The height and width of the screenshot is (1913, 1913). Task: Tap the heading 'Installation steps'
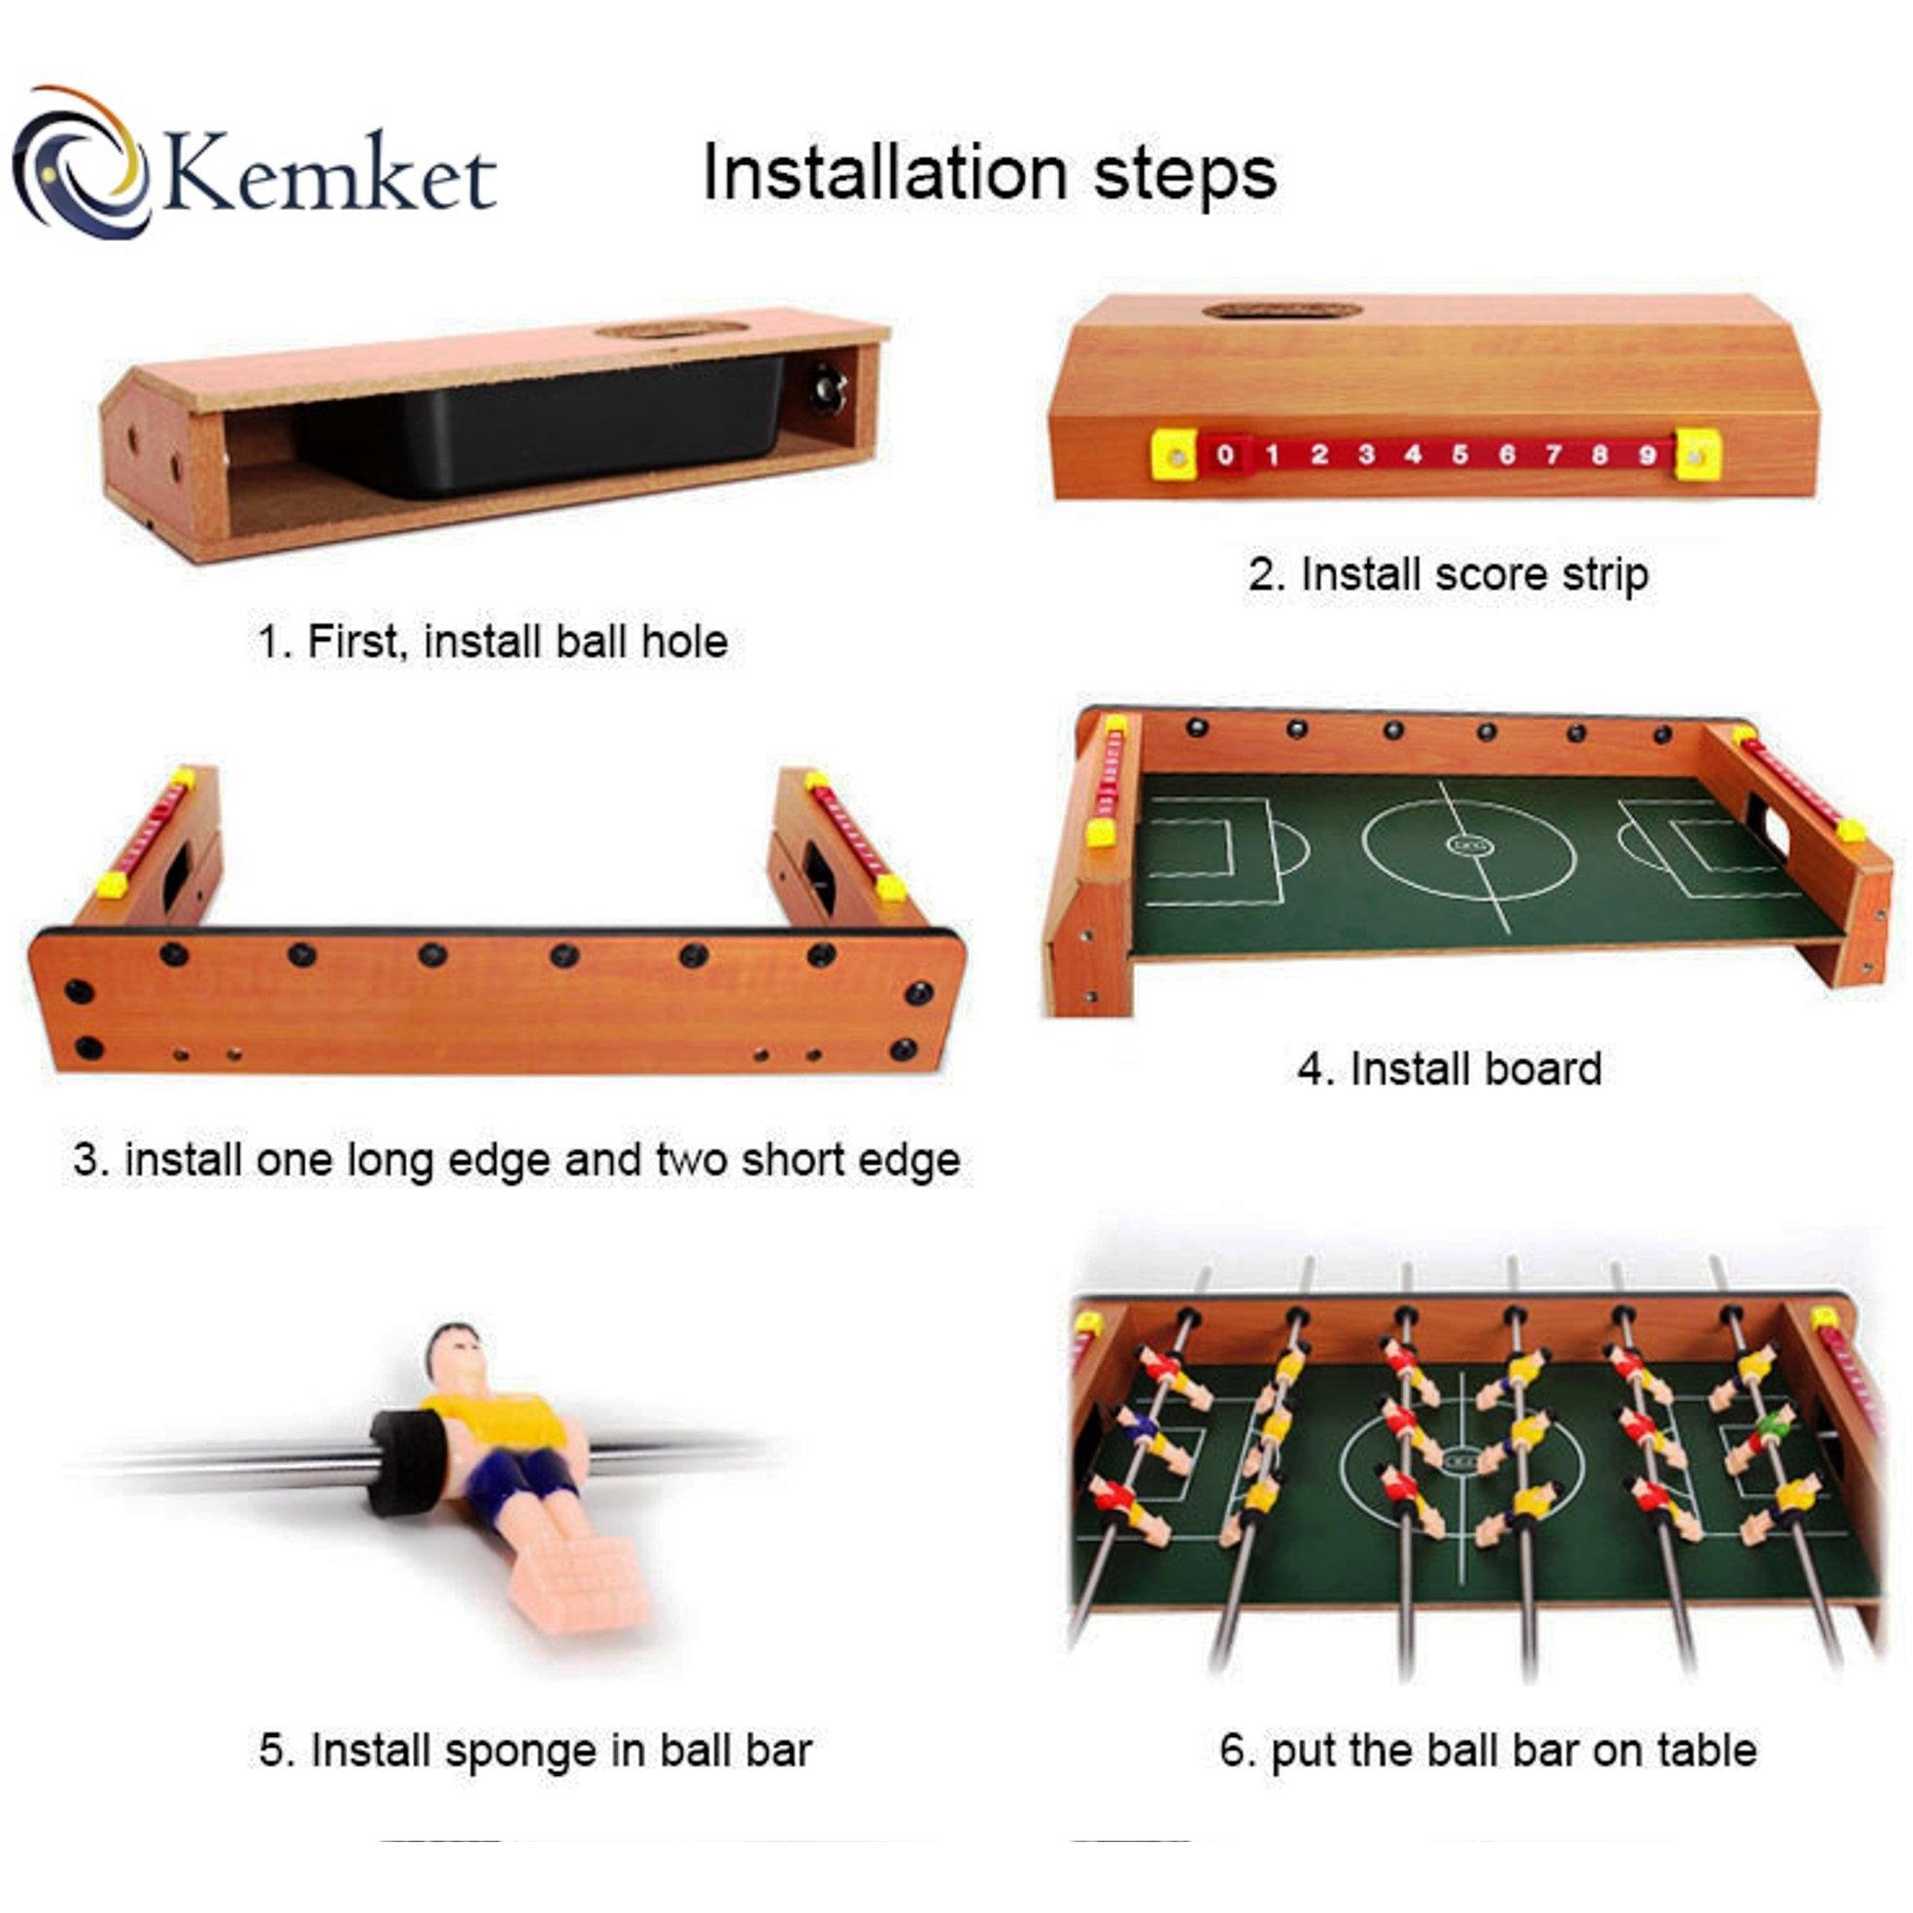[x=989, y=172]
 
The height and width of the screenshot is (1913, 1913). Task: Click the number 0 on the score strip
[x=1225, y=456]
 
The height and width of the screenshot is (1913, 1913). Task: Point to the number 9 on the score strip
[x=1648, y=456]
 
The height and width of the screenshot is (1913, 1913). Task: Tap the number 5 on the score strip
[x=1459, y=456]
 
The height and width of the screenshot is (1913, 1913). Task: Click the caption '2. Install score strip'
[x=1448, y=575]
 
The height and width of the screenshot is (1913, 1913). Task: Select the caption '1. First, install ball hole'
[x=494, y=641]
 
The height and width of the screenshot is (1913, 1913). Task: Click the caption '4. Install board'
[x=1450, y=1070]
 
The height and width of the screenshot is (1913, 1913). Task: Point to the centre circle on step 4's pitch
[x=1468, y=846]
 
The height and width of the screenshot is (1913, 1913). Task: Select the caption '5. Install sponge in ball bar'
[x=535, y=1751]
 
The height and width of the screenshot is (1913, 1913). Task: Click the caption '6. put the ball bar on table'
[x=1488, y=1751]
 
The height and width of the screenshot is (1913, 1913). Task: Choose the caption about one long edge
[x=517, y=1159]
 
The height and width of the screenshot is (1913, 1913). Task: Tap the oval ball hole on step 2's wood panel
[x=1282, y=311]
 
